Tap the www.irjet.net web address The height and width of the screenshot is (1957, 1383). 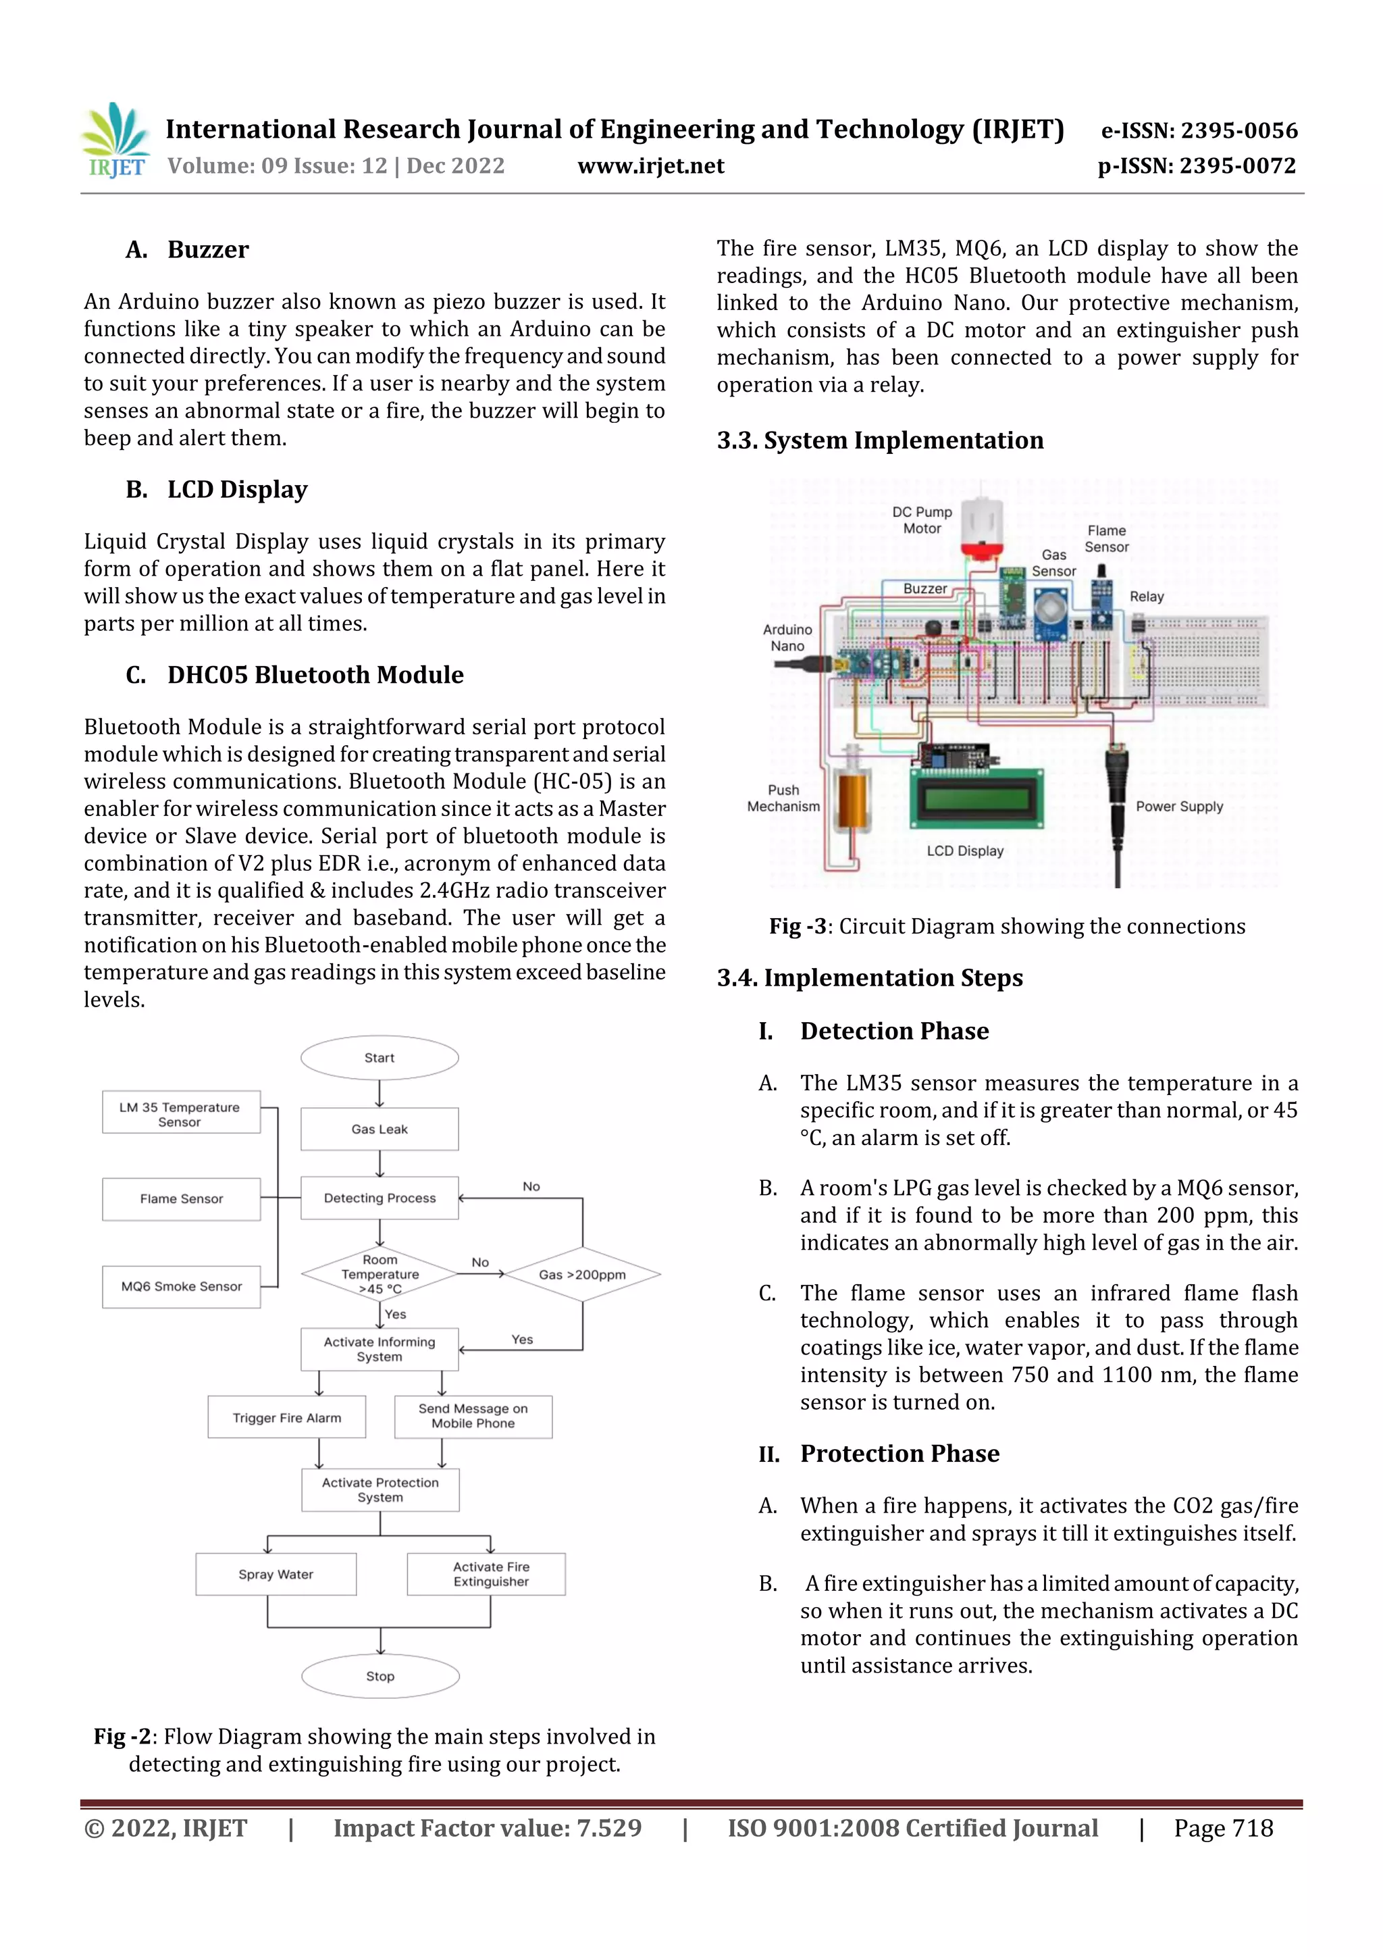[650, 166]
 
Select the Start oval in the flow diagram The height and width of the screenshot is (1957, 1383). [380, 1058]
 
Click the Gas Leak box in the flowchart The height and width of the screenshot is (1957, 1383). [380, 1129]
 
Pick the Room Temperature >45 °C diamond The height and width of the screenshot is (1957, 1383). [380, 1274]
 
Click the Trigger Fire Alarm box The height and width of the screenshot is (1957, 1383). [286, 1417]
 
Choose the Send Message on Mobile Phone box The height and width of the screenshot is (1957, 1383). [473, 1417]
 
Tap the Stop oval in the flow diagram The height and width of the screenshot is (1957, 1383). [380, 1676]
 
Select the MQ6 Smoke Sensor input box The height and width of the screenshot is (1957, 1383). [181, 1286]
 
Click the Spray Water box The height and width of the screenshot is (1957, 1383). [276, 1574]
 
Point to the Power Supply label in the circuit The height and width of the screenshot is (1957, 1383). [1178, 807]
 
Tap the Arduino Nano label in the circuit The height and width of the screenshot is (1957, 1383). [787, 638]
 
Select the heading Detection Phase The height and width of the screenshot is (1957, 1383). [894, 1032]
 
